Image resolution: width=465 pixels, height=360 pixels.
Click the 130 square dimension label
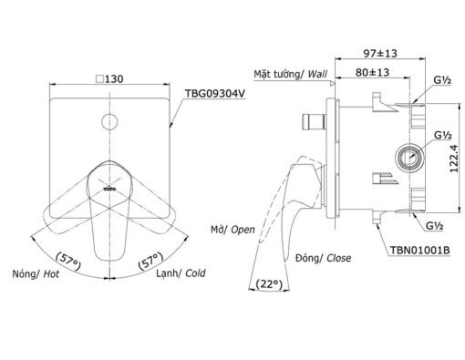pyautogui.click(x=109, y=79)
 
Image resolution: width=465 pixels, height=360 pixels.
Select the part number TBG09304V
pyautogui.click(x=215, y=94)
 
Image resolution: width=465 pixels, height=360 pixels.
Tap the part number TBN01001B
pyautogui.click(x=420, y=250)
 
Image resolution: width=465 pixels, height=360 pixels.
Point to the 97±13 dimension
pyautogui.click(x=380, y=54)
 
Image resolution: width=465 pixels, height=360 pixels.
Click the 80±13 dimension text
pyautogui.click(x=372, y=72)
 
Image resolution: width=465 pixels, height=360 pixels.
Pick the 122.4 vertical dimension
pyautogui.click(x=454, y=159)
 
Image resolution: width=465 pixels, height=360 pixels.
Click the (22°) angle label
pyautogui.click(x=269, y=284)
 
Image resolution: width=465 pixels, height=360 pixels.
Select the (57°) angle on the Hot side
pyautogui.click(x=68, y=262)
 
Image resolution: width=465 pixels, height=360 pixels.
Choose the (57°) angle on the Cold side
pyautogui.click(x=150, y=261)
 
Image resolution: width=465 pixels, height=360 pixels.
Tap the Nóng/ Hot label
pyautogui.click(x=36, y=274)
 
